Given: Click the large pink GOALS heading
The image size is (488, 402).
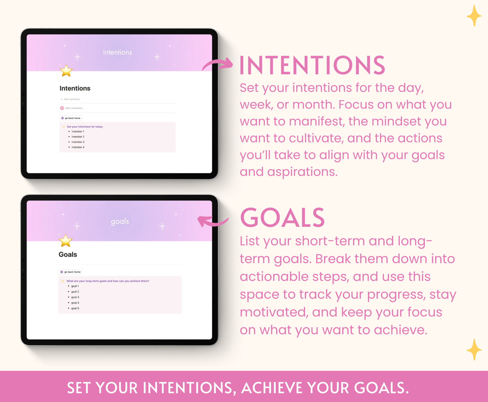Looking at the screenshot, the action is (282, 218).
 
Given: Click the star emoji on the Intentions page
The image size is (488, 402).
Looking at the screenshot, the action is (66, 71).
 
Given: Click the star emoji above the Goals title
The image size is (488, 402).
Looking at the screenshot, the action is (65, 241).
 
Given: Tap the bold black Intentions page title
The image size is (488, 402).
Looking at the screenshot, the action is (75, 88).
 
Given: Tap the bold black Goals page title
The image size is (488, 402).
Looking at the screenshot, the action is (68, 254).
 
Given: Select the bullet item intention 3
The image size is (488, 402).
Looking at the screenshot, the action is (78, 142).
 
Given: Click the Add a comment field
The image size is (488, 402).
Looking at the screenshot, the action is (74, 108).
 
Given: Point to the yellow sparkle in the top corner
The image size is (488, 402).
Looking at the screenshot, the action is (474, 16).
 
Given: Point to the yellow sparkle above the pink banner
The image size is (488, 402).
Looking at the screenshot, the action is (474, 350).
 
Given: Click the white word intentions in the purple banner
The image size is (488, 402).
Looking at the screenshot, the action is (117, 52).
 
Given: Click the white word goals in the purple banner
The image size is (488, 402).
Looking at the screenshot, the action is (120, 222).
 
